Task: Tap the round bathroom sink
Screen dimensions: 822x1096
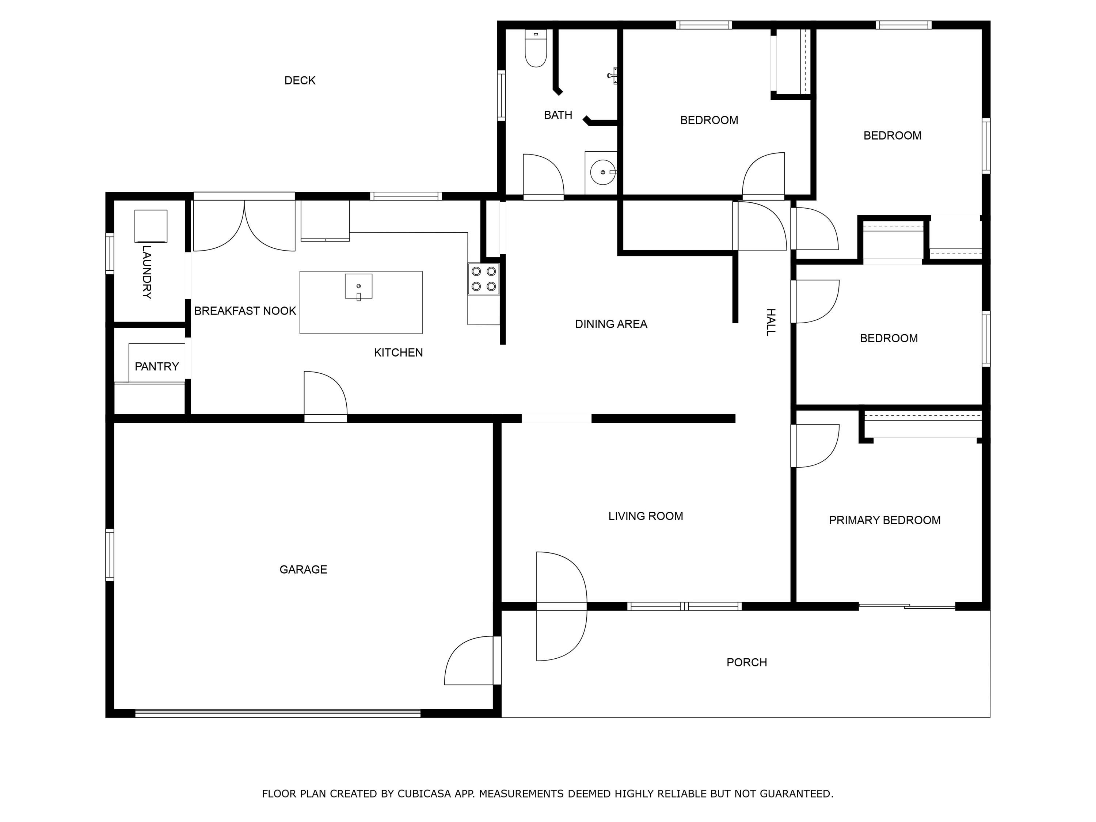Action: [x=602, y=172]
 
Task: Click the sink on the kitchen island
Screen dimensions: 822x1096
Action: [x=358, y=287]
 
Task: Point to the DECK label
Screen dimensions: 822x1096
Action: [x=300, y=80]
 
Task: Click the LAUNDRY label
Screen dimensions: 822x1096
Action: [x=146, y=272]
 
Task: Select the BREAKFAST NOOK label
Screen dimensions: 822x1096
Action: [x=245, y=311]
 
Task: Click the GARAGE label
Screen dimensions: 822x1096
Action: [x=303, y=569]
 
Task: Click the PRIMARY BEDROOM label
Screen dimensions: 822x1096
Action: [x=884, y=520]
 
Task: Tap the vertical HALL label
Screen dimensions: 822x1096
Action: [x=771, y=323]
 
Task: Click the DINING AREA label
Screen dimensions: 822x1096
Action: [x=611, y=324]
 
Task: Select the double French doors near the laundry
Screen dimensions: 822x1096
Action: [x=244, y=225]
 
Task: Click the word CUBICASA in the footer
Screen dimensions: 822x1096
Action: [x=424, y=794]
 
